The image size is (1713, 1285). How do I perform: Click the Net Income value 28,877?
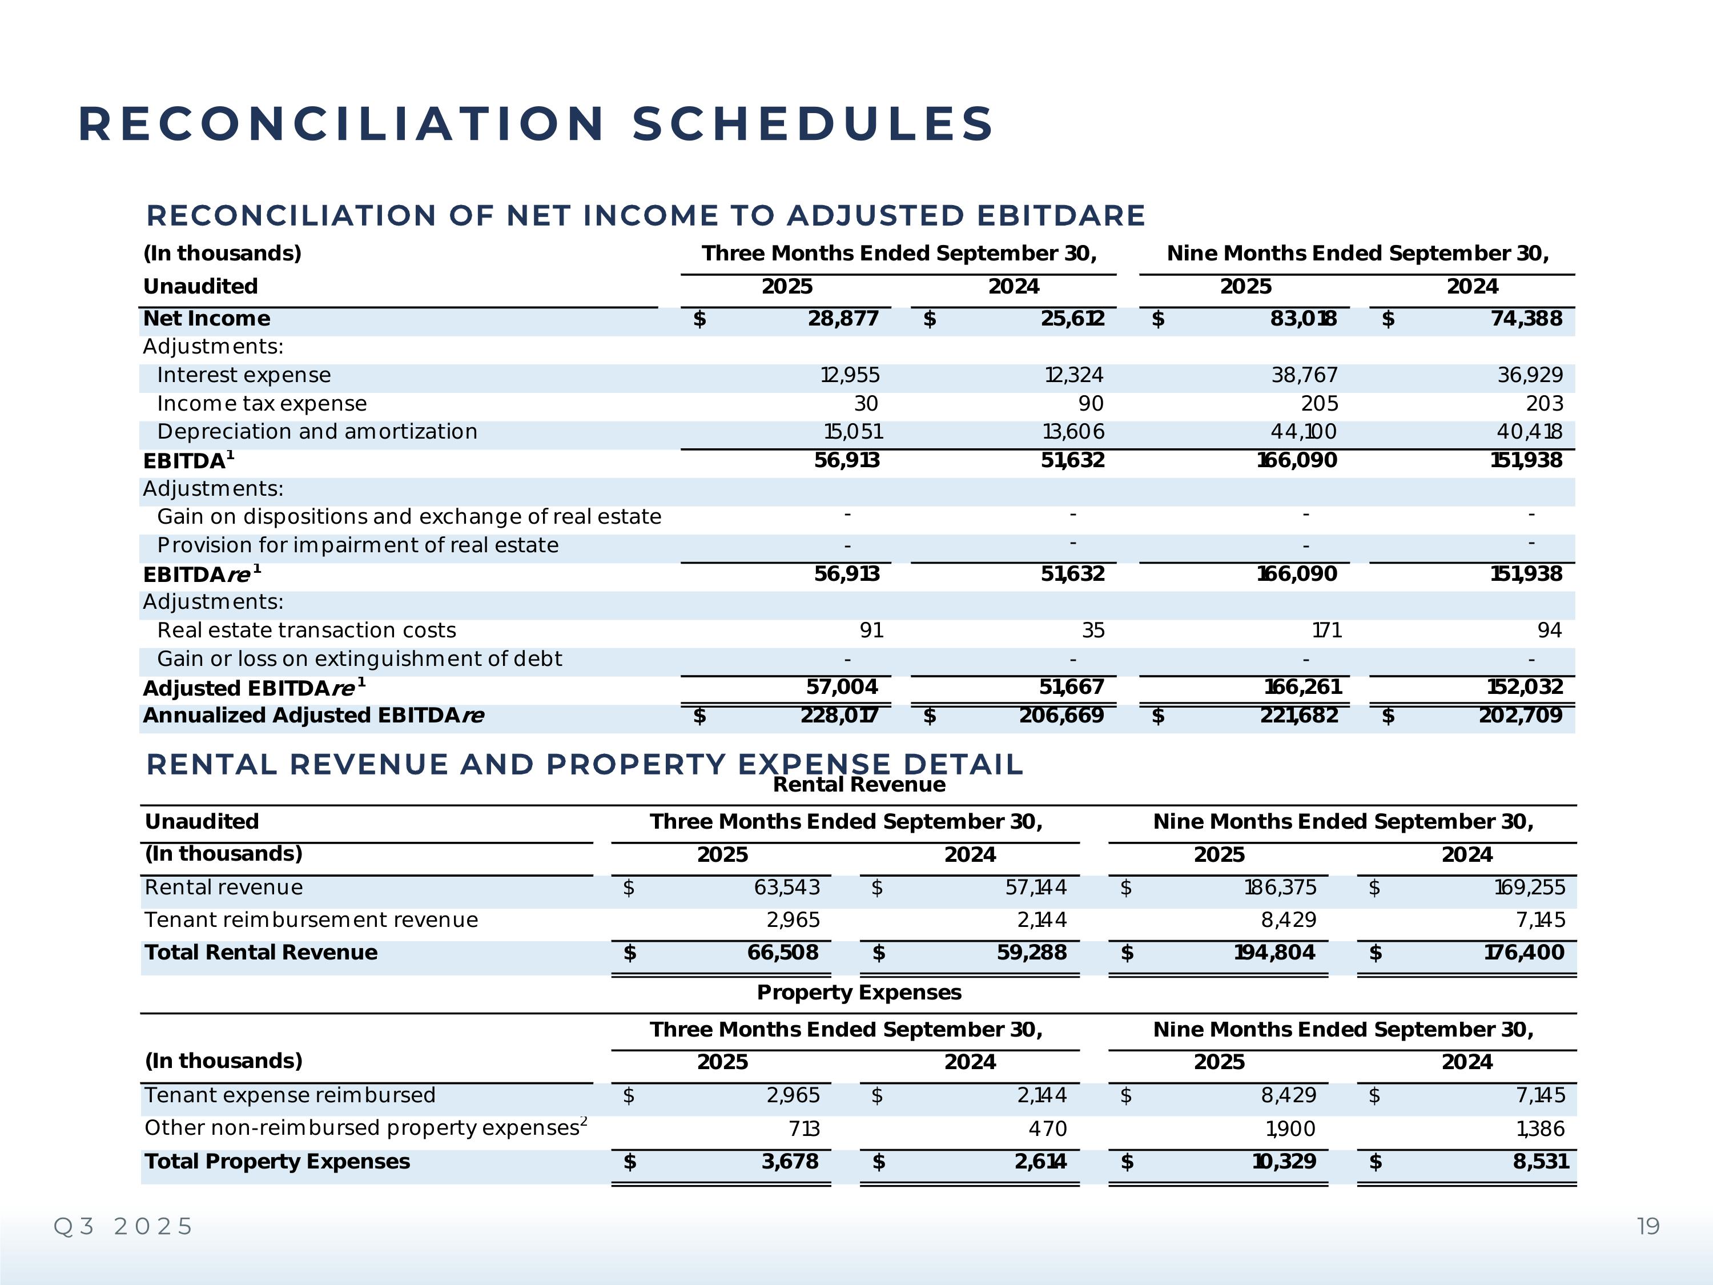tap(843, 319)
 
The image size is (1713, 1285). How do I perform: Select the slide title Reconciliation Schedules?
tap(536, 124)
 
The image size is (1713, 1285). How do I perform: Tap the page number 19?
tap(1648, 1226)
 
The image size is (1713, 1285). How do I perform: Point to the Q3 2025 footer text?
tap(123, 1226)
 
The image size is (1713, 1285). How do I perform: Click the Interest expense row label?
tap(243, 376)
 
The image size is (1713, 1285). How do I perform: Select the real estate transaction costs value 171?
tap(1326, 631)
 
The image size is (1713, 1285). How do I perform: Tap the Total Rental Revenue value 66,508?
tap(782, 953)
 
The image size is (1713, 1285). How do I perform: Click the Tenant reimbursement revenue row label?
tap(311, 920)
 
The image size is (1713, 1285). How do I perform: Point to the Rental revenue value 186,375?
tap(1280, 888)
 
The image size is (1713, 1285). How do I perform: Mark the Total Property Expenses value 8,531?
tap(1541, 1162)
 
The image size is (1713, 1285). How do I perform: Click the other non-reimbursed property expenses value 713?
tap(804, 1129)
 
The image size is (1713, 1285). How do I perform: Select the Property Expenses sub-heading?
tap(859, 993)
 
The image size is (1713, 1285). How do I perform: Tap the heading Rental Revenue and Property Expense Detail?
tap(584, 765)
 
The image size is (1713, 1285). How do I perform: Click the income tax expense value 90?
tap(1091, 404)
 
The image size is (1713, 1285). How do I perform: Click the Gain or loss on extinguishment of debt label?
tap(359, 659)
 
